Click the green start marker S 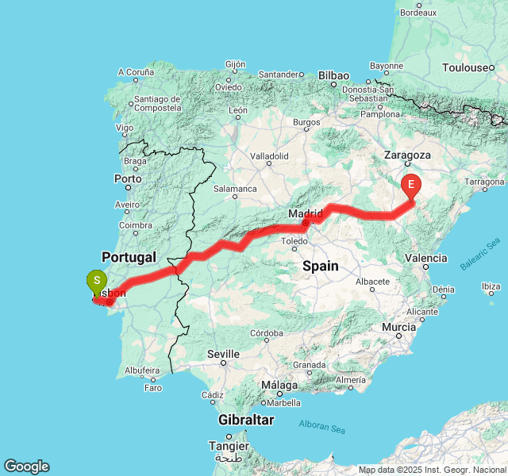[x=96, y=281]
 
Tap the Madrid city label [x=306, y=213]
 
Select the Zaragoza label [x=407, y=155]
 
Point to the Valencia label [x=425, y=258]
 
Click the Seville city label [x=223, y=354]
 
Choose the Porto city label [x=128, y=179]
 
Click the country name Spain [x=320, y=267]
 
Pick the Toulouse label [x=468, y=67]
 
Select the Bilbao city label [x=333, y=75]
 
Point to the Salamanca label [x=235, y=189]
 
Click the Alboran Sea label [x=322, y=427]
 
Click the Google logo [x=26, y=466]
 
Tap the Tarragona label [x=484, y=182]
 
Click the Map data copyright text [x=432, y=470]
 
